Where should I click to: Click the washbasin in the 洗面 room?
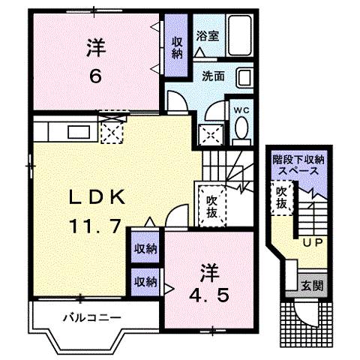pos(246,77)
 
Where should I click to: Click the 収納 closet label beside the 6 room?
pos(176,47)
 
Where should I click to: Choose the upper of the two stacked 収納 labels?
pos(145,248)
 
